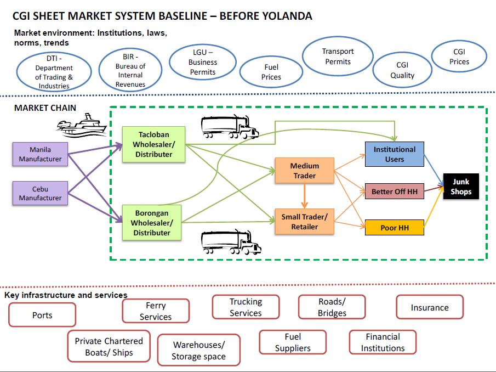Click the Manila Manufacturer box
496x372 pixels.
[40, 154]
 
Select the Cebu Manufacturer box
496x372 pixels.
[40, 193]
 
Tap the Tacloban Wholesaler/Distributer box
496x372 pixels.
[153, 145]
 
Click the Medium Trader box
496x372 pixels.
[304, 171]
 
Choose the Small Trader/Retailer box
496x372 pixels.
[304, 221]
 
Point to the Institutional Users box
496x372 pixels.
[394, 154]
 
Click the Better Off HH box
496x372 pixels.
[394, 191]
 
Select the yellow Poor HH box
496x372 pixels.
[394, 227]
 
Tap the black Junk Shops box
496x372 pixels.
[460, 187]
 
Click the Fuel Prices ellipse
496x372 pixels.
[271, 72]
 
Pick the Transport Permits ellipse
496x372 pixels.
[338, 56]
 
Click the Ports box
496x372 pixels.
[42, 315]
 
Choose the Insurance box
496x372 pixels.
[429, 308]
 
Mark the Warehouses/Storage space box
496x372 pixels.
[198, 350]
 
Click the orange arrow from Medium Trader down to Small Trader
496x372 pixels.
[304, 195]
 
